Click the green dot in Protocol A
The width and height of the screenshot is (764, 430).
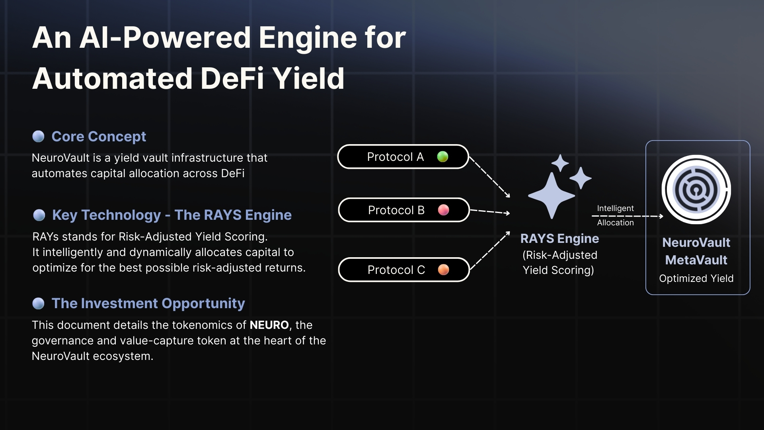click(442, 157)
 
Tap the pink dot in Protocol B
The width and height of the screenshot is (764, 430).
click(443, 210)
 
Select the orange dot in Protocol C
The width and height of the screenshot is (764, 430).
click(443, 270)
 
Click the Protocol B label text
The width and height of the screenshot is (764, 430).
click(396, 210)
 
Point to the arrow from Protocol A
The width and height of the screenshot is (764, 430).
click(490, 177)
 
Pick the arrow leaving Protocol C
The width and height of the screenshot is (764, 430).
click(490, 251)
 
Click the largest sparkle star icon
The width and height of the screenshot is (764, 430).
click(552, 195)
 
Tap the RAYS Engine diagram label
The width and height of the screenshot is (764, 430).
click(559, 238)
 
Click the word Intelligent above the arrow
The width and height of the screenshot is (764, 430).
click(615, 208)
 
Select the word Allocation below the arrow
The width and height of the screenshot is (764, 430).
click(615, 223)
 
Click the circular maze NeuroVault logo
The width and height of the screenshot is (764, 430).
click(696, 190)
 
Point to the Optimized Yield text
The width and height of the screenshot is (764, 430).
click(696, 278)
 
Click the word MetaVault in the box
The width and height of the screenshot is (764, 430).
click(696, 260)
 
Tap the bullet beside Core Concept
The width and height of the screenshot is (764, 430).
click(38, 137)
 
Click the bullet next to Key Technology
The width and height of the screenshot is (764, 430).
click(39, 215)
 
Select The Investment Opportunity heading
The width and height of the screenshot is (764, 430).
click(148, 303)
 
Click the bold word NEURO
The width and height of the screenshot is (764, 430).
click(269, 325)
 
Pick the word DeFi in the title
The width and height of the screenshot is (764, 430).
click(232, 78)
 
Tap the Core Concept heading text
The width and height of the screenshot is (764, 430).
click(99, 137)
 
